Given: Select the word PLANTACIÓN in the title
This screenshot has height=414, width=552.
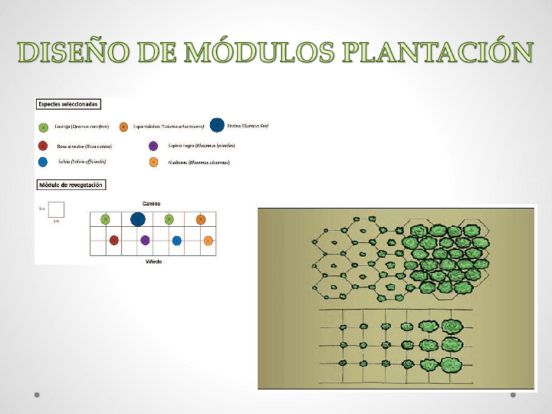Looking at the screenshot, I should click(x=435, y=52).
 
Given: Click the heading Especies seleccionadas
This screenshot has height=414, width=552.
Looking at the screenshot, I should click(x=68, y=103).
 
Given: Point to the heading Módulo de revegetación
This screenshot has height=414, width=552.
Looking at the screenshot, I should click(x=70, y=185).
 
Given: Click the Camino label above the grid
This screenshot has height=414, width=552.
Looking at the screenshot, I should click(x=152, y=204).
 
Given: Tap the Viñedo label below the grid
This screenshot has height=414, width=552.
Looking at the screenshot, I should click(x=154, y=262).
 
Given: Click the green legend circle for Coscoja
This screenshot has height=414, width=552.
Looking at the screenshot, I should click(x=43, y=128).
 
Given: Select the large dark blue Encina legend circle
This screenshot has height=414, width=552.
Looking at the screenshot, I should click(x=217, y=126).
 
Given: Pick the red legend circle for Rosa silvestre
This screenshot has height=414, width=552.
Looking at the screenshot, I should click(x=43, y=146).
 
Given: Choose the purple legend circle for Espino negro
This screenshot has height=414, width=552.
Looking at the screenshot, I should click(x=154, y=146).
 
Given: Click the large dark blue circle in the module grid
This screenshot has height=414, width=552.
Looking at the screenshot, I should click(x=137, y=219).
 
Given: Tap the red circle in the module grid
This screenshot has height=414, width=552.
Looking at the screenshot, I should click(x=114, y=240).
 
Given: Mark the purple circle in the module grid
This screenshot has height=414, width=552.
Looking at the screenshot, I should click(x=145, y=240).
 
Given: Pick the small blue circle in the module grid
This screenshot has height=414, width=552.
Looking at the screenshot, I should click(x=176, y=240).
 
